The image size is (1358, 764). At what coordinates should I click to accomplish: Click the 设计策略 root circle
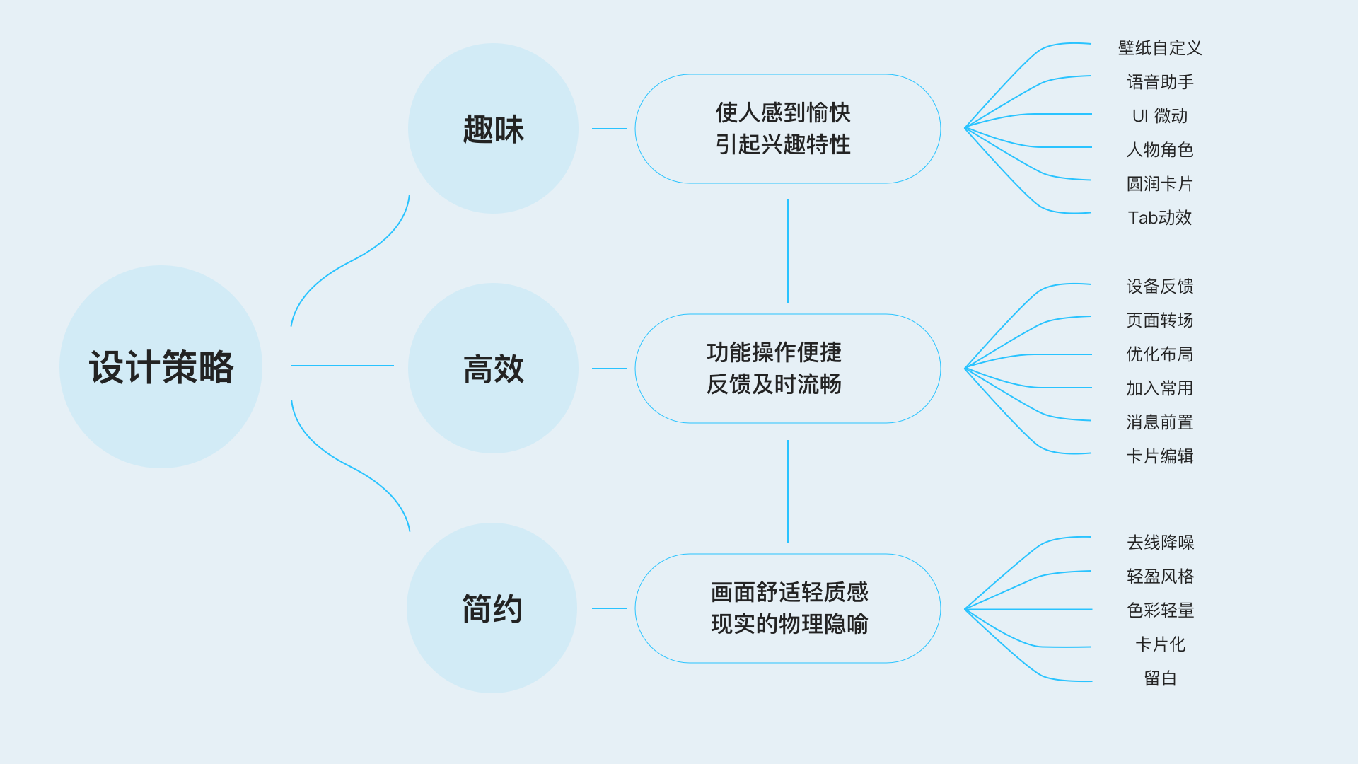click(161, 366)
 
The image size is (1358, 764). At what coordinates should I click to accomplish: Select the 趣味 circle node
click(493, 129)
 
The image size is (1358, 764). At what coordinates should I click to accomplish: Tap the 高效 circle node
click(493, 369)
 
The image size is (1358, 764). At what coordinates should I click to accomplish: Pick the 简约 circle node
click(492, 608)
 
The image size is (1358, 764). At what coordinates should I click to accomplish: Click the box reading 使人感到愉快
click(787, 129)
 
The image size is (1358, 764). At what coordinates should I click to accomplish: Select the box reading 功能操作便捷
click(787, 369)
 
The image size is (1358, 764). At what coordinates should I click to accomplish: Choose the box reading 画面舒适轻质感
click(787, 608)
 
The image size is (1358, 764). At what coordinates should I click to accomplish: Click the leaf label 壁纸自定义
click(1160, 48)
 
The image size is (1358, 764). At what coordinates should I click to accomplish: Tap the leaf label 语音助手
click(1160, 82)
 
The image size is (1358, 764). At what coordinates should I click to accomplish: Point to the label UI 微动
click(1160, 116)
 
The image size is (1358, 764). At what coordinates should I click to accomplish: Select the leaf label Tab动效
click(1160, 218)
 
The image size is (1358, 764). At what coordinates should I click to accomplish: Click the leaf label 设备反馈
click(1160, 286)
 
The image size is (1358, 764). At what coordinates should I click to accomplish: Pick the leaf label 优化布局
click(1160, 354)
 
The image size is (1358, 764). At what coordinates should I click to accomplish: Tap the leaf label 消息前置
click(1160, 422)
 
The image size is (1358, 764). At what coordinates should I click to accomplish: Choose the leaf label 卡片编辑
click(1160, 456)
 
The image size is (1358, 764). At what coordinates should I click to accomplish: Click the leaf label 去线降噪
click(1160, 543)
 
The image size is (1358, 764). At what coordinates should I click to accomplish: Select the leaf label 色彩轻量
click(1160, 610)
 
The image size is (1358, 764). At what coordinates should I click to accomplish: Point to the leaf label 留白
click(1160, 678)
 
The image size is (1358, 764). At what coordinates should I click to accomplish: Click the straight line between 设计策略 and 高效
click(342, 366)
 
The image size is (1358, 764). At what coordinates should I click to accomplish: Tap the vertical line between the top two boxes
click(788, 251)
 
